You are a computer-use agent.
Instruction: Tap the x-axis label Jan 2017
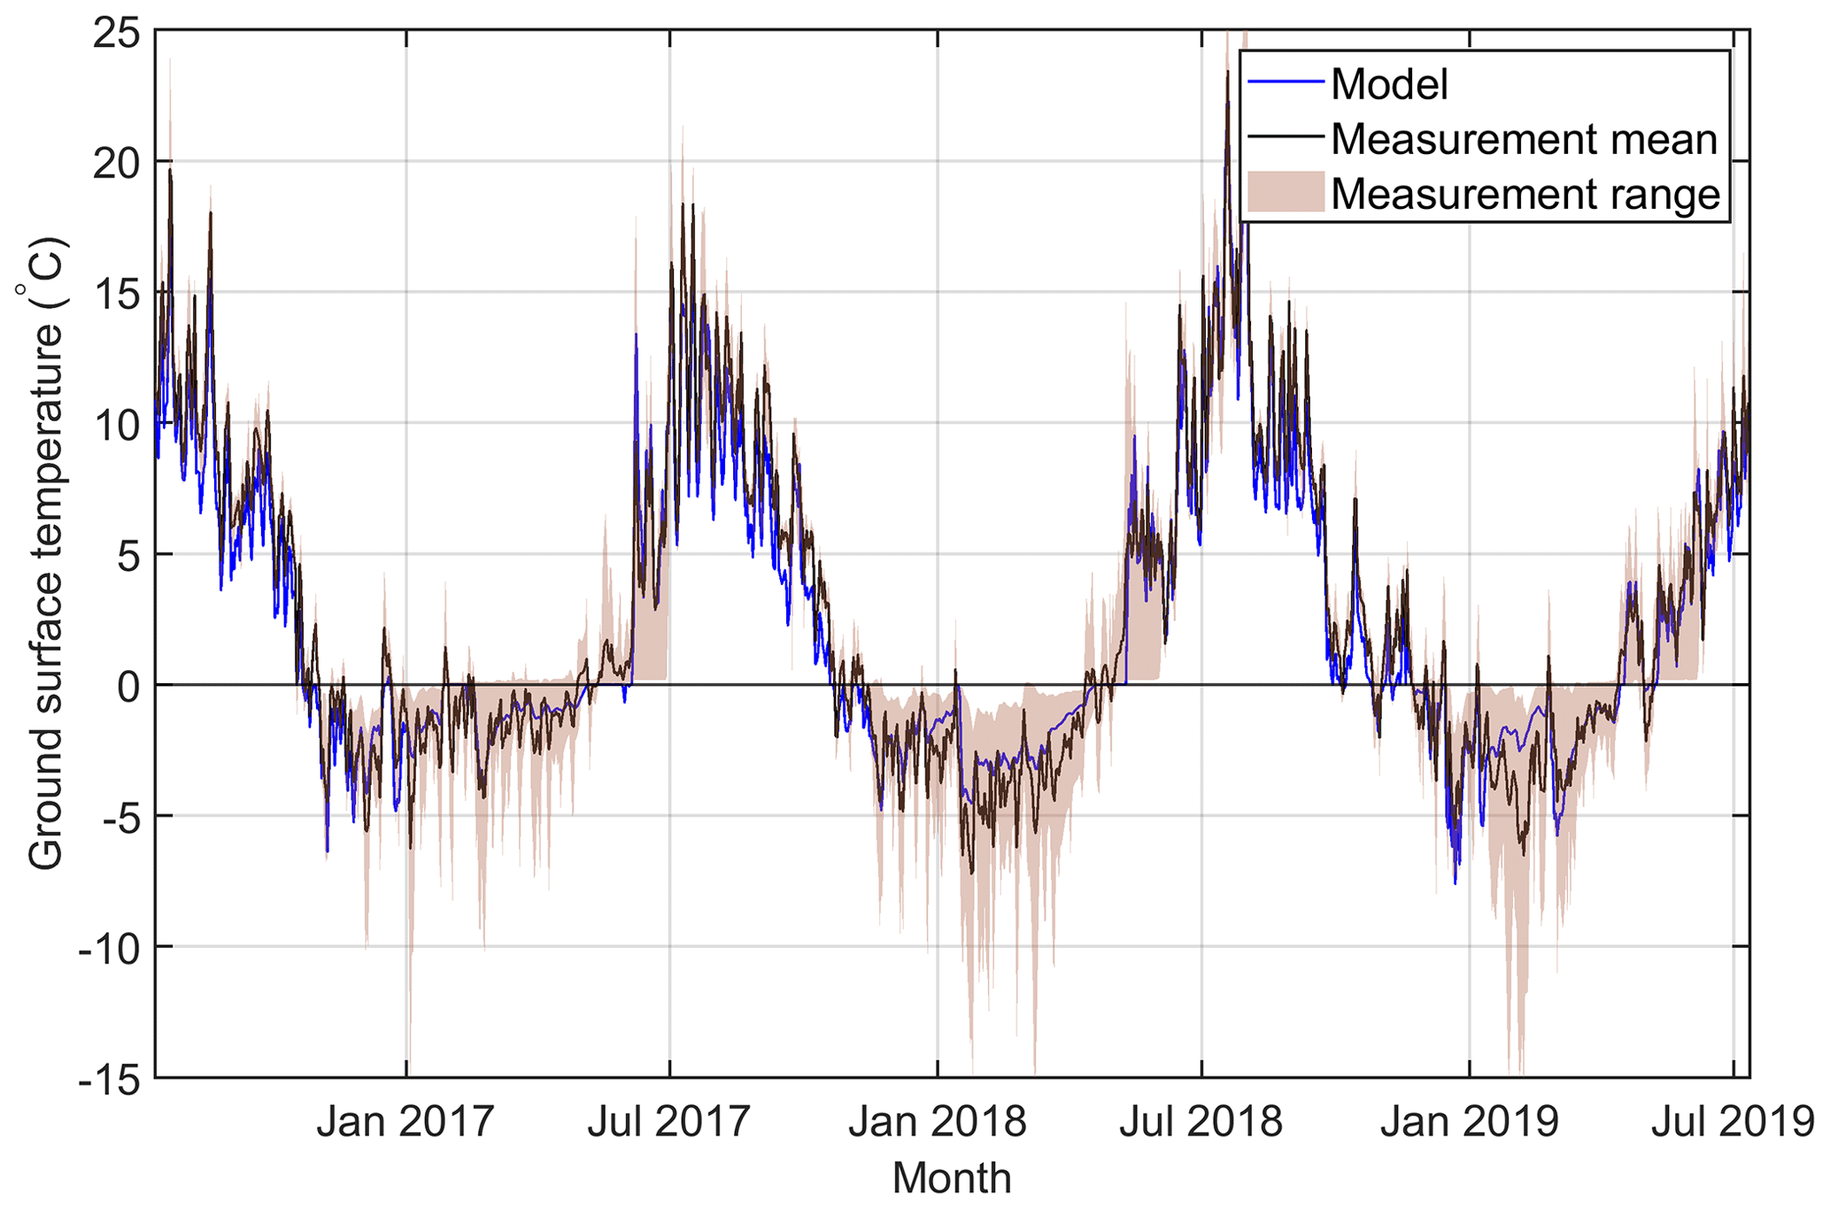coord(405,1122)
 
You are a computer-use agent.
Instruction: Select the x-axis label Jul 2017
coord(669,1122)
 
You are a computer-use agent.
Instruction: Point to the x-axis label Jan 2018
coord(937,1122)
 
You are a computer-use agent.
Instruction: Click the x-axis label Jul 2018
coord(1201,1122)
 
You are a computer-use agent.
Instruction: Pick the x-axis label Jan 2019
coord(1469,1122)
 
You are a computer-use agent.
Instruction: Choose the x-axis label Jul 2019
coord(1733,1122)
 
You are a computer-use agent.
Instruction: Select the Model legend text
coord(1389,85)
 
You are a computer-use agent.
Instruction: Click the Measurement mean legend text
coord(1524,139)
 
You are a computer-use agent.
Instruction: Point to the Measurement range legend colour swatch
coord(1286,193)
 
